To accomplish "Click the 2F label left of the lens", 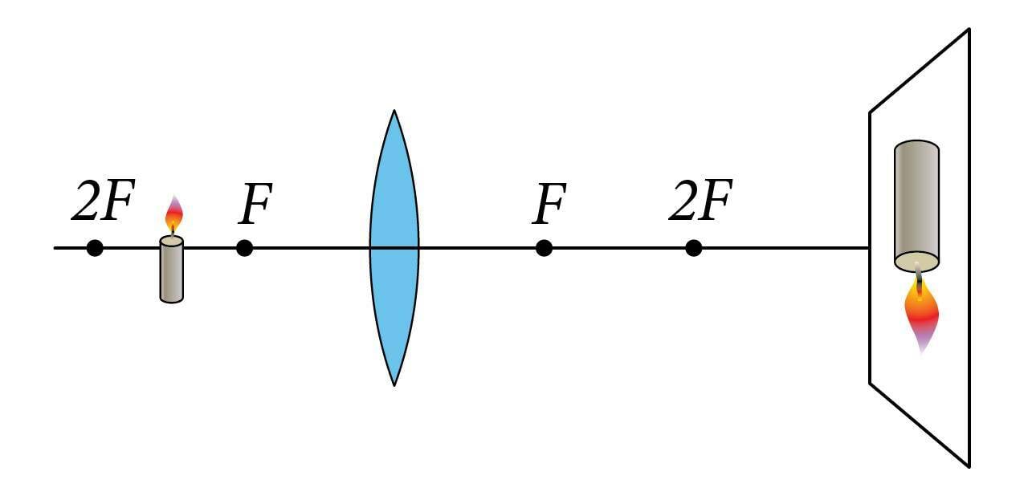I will (x=101, y=203).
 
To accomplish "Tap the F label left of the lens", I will (x=255, y=205).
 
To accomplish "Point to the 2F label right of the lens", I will (x=700, y=202).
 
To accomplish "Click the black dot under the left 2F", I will (x=95, y=248).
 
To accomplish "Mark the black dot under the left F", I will (x=245, y=248).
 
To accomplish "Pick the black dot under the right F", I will (x=544, y=248).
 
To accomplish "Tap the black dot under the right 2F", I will (x=694, y=248).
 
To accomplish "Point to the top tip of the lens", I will (x=394, y=111).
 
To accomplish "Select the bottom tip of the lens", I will (x=394, y=385).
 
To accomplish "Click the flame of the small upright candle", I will (x=173, y=214).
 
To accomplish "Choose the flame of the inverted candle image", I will (x=921, y=316).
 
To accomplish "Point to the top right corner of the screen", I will (x=969, y=30).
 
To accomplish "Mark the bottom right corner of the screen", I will (x=969, y=466).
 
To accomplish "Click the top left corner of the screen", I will (x=870, y=112).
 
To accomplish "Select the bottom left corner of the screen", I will (x=870, y=383).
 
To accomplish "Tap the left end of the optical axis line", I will (x=55, y=248).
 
